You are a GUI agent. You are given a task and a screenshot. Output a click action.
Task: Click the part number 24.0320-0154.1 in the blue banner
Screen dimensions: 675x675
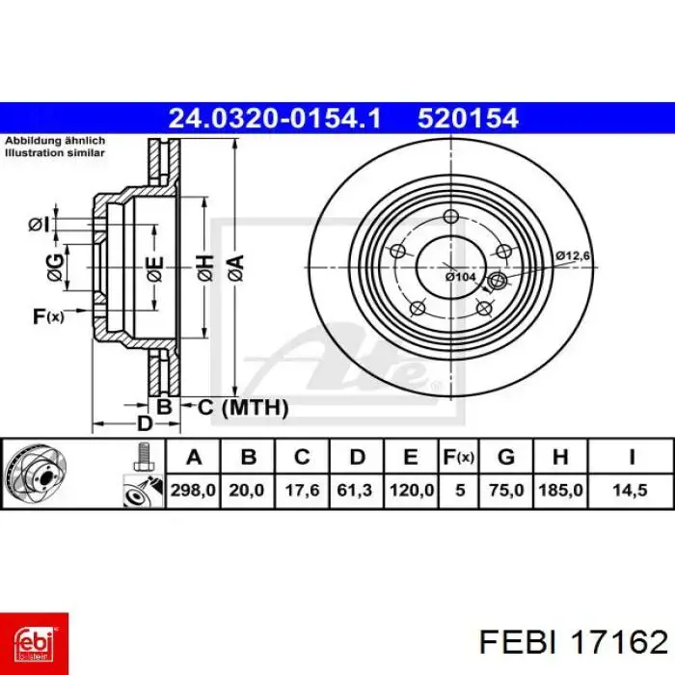(x=275, y=119)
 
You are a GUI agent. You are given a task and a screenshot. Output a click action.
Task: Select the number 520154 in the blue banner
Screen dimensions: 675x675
(x=468, y=119)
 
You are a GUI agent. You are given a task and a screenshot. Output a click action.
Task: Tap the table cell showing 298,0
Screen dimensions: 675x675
(x=193, y=490)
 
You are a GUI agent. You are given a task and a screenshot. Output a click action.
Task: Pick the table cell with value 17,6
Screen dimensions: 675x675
(x=302, y=490)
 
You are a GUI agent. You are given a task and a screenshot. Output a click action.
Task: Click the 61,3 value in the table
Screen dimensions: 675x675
(x=356, y=490)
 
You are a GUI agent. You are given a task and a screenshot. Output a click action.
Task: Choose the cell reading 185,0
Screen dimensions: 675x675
(x=561, y=490)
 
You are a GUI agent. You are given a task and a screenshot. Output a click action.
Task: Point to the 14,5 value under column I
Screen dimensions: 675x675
(x=631, y=490)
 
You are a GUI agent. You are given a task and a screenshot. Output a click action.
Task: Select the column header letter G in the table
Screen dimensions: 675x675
(x=506, y=457)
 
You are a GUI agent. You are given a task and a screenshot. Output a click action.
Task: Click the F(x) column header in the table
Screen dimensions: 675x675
(x=459, y=457)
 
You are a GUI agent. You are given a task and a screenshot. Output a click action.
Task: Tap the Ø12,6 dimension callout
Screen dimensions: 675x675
(x=573, y=256)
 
